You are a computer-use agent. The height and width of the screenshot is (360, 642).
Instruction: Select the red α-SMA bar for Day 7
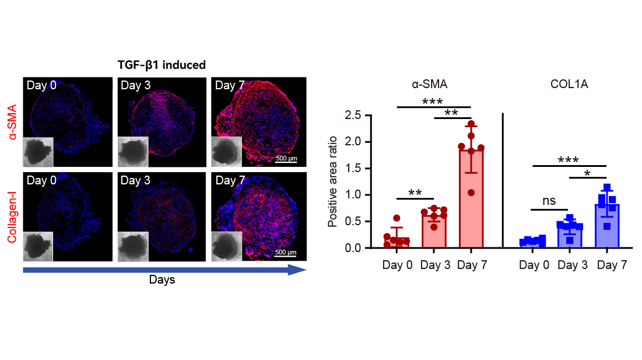click(x=471, y=198)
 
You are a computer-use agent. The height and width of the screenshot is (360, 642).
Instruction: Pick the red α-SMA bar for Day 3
click(x=434, y=231)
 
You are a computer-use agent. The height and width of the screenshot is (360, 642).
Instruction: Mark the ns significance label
click(x=549, y=201)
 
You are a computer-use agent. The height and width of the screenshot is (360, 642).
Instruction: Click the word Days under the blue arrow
click(x=162, y=280)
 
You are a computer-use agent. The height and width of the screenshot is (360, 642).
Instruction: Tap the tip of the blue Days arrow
click(x=305, y=270)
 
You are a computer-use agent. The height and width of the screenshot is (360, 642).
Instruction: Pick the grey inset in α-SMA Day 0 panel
click(x=38, y=151)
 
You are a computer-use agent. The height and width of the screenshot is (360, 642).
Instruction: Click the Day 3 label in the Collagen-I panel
click(x=135, y=180)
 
